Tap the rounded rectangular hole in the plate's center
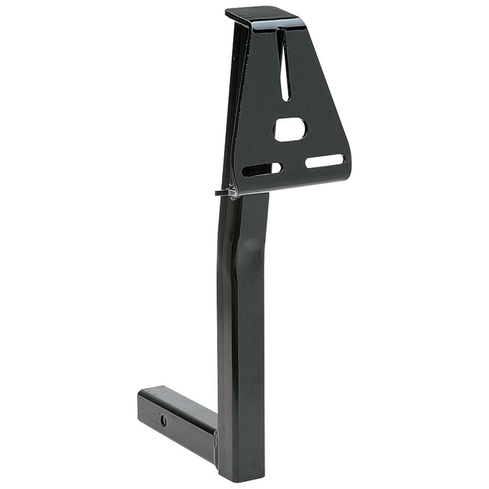(290, 129)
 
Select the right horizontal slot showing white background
(325, 161)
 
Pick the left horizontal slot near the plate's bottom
(262, 170)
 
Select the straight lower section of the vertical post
(242, 367)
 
